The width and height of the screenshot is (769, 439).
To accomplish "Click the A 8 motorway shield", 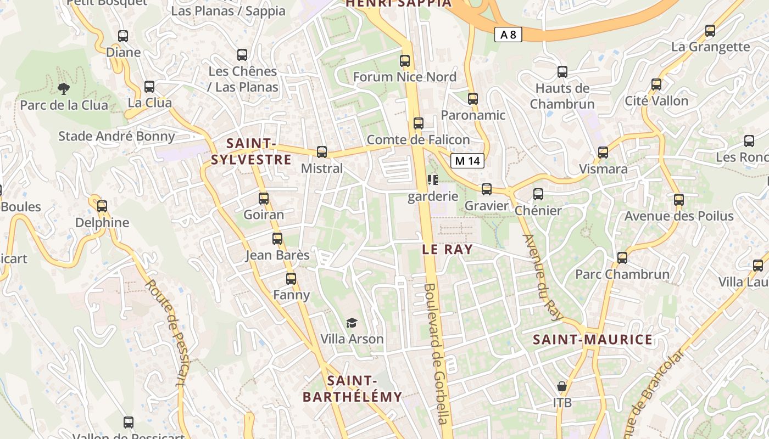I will point(508,35).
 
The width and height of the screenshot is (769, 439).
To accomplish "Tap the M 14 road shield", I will point(467,161).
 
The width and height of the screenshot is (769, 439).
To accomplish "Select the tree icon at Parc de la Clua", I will point(64,88).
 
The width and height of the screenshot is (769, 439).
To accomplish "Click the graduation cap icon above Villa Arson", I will point(352,323).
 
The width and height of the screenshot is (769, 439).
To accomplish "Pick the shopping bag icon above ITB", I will point(561,387).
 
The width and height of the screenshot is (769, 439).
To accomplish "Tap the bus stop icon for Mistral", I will point(322,152).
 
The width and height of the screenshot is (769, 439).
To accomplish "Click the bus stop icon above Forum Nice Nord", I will point(405,61).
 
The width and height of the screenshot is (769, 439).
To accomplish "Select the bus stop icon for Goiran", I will point(264,199).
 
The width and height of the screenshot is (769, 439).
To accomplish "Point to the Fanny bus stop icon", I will point(291,279).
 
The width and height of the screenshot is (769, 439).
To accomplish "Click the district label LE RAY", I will point(447,249).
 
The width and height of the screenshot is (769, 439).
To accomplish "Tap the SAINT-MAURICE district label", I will point(593,340).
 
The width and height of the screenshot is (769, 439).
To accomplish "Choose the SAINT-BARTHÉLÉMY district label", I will point(352,389).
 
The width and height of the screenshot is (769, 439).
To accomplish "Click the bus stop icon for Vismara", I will point(603,153).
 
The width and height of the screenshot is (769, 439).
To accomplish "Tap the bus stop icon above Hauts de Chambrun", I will point(562,72).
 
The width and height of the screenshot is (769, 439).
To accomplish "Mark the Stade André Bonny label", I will point(116,136).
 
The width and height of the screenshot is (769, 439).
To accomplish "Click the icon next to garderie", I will point(433,180).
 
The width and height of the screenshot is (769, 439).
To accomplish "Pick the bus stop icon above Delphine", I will point(102,206).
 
